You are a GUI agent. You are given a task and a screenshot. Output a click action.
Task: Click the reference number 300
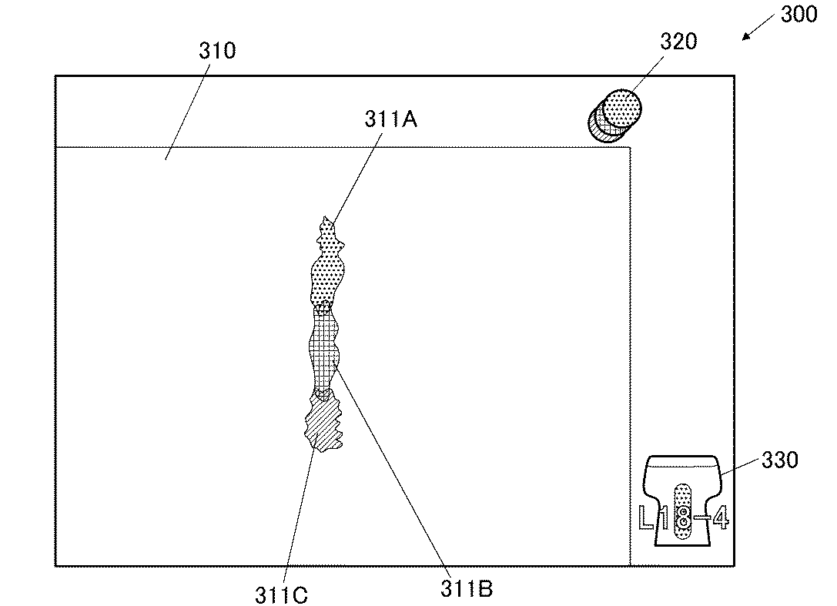(x=799, y=15)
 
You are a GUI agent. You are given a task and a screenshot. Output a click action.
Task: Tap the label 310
(x=217, y=51)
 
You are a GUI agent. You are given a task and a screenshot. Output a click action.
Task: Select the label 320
(x=678, y=42)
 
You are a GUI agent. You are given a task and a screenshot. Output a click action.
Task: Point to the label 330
(x=780, y=460)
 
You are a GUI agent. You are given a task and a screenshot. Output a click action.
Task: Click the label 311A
(x=390, y=119)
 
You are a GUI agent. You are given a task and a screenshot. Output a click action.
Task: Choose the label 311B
(x=467, y=589)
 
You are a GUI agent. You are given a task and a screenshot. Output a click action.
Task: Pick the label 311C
(x=281, y=594)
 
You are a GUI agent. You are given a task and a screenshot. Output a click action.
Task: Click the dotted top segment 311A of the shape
(x=326, y=264)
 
